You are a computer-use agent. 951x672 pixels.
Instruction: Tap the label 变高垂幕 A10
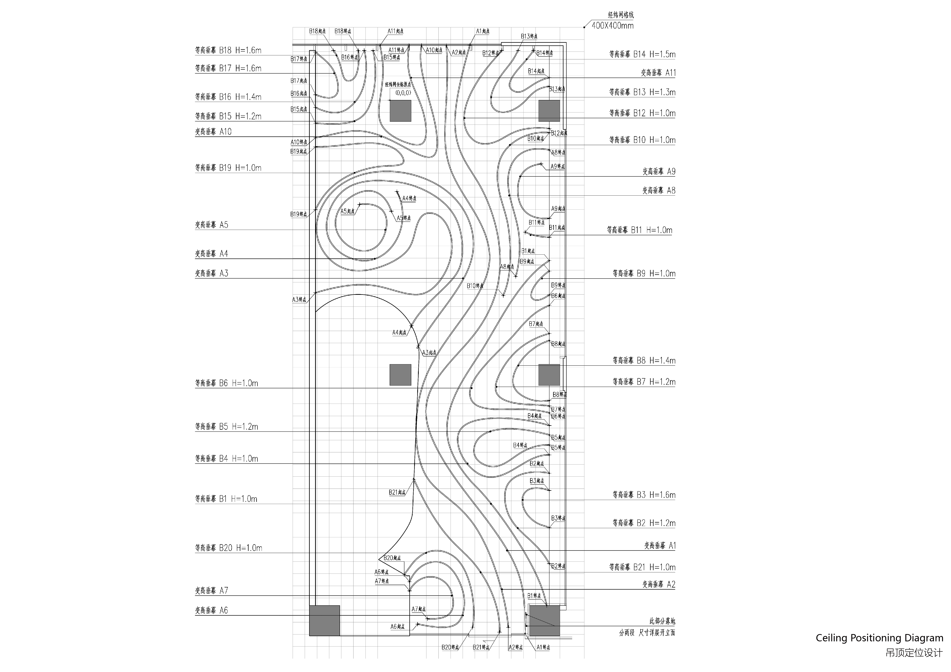(x=213, y=132)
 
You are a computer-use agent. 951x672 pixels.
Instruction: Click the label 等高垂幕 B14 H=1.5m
(x=642, y=54)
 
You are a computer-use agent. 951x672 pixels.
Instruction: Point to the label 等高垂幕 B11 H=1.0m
(x=640, y=230)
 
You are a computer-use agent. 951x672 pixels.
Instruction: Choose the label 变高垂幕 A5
(x=212, y=225)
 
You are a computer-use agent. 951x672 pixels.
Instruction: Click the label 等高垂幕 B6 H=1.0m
(x=227, y=383)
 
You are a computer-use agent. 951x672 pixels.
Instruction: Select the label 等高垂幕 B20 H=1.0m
(x=229, y=548)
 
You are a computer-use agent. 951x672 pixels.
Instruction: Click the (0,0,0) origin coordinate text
(x=403, y=93)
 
